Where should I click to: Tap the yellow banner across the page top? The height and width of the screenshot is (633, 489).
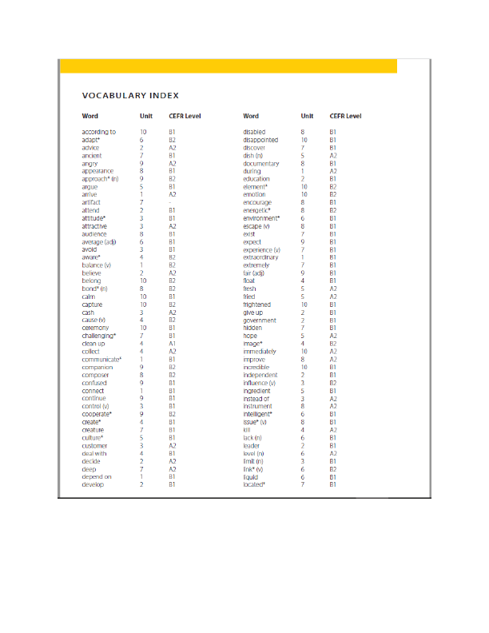(x=229, y=66)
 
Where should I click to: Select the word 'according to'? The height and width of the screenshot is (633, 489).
(x=99, y=132)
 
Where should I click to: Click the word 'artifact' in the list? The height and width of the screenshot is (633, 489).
(x=93, y=202)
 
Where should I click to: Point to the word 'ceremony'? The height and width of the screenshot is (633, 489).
(x=96, y=328)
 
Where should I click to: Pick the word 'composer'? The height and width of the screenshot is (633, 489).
(x=96, y=375)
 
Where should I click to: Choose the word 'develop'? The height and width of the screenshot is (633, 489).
(x=93, y=484)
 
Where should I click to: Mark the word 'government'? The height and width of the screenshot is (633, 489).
(x=261, y=320)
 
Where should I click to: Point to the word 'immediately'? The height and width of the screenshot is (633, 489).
(x=260, y=351)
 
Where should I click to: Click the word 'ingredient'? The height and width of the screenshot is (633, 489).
(x=258, y=390)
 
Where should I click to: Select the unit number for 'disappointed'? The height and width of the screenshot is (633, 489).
(x=304, y=140)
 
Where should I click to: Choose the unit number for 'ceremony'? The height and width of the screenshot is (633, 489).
(x=143, y=328)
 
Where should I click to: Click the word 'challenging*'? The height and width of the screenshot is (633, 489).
(x=99, y=336)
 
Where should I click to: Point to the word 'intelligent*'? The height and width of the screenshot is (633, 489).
(x=258, y=414)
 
